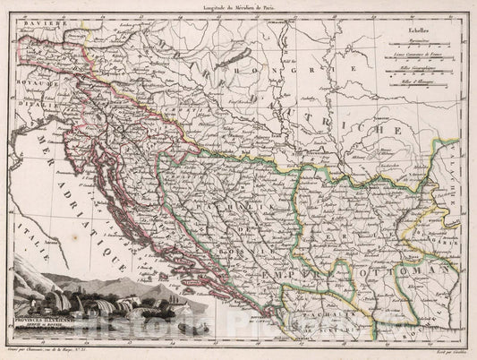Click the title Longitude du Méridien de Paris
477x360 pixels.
click(238, 6)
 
